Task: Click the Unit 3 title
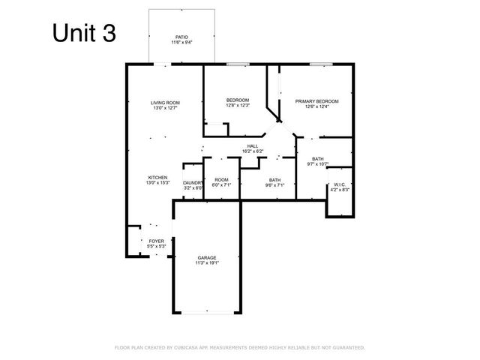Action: pos(83,33)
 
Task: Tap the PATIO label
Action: pos(181,36)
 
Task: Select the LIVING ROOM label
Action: pos(165,103)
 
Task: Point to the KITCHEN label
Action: pos(157,177)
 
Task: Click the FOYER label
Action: pos(156,241)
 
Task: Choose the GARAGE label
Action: pos(207,257)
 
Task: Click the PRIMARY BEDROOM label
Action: pos(316,100)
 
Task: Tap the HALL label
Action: pos(252,145)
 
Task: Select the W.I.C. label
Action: pos(340,184)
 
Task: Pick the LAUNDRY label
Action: pos(193,182)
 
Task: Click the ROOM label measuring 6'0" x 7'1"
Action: pos(221,180)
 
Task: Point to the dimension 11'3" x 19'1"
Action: pos(207,263)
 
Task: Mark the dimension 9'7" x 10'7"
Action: pos(318,163)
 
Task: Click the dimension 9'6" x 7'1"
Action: pos(274,185)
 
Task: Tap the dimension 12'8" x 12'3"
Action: pos(238,106)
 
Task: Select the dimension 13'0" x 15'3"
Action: pos(157,182)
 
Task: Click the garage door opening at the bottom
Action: pos(207,313)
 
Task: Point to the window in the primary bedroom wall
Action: pos(321,64)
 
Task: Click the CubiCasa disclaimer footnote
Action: pos(239,348)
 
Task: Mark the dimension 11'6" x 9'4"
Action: pos(181,42)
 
